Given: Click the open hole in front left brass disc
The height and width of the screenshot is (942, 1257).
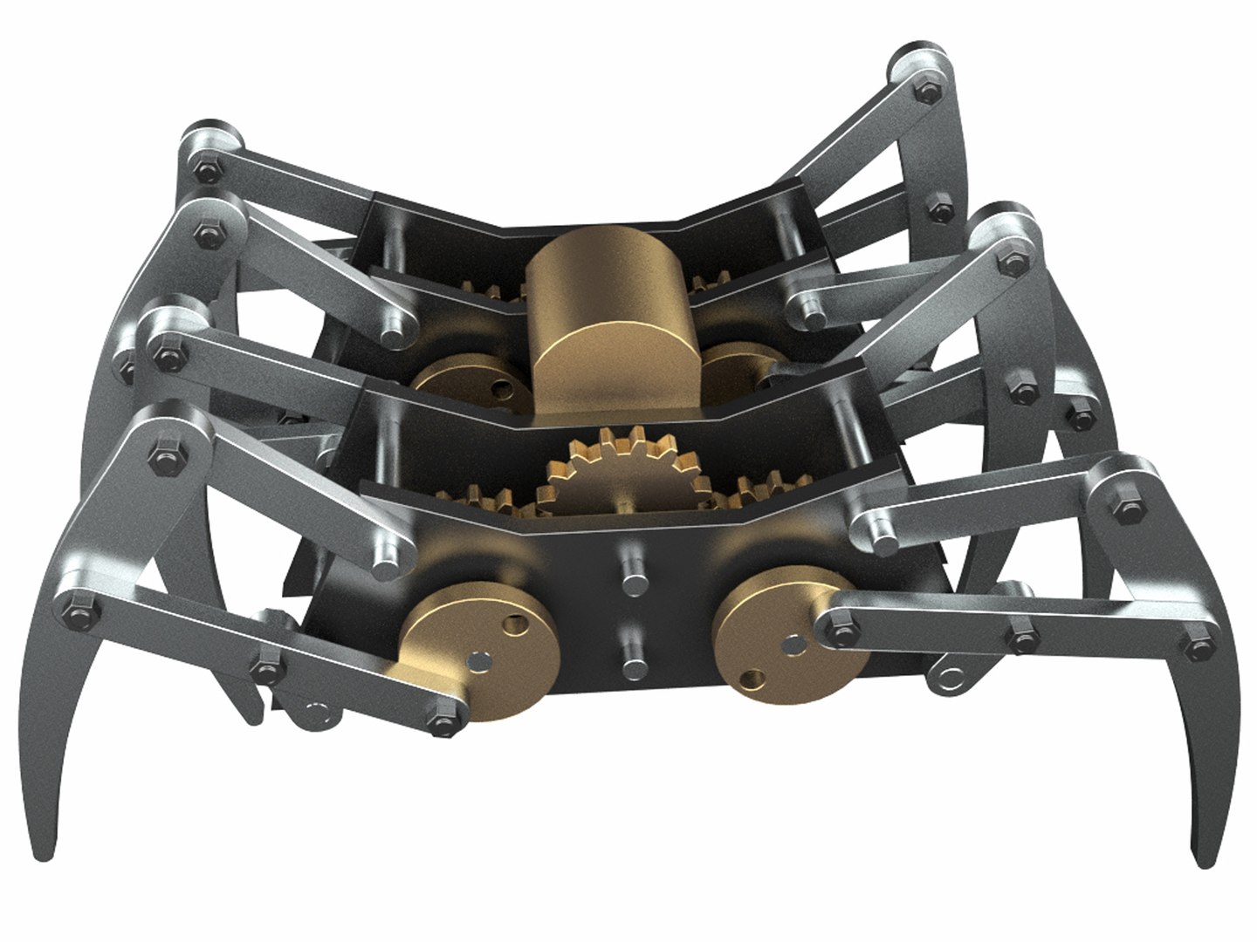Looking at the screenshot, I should click(515, 625).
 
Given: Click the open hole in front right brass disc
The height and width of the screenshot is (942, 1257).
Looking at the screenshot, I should click(751, 678).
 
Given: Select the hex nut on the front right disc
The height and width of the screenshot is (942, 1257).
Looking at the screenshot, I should click(841, 625).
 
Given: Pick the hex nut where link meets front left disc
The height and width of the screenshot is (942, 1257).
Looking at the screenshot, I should click(444, 722).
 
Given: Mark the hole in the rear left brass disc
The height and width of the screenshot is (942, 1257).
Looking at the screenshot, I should click(499, 384).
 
